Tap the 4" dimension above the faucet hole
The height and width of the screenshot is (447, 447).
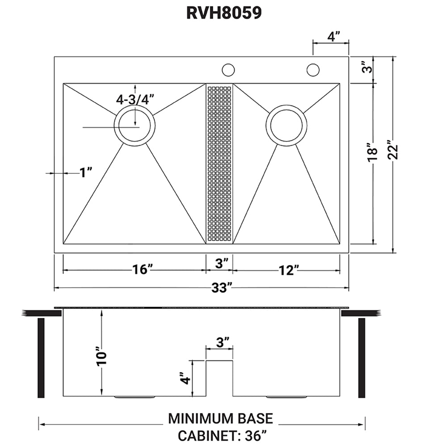(x=331, y=37)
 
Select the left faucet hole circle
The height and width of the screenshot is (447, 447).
(x=228, y=70)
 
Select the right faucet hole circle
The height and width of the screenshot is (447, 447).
(x=313, y=70)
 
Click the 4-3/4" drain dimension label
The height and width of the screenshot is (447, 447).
(x=135, y=100)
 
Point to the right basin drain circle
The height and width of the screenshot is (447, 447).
(x=286, y=125)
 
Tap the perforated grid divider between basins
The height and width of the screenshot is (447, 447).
(x=219, y=163)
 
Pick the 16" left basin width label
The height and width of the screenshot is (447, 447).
(x=143, y=270)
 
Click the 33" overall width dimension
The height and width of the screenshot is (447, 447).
(x=222, y=287)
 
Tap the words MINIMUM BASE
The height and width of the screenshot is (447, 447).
(x=220, y=418)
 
